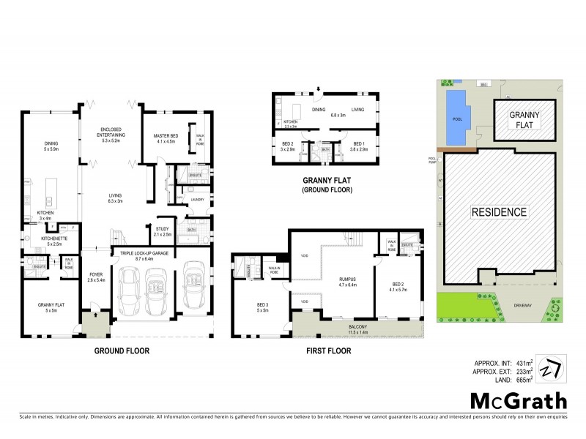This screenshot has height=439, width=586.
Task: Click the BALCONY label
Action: (x=337, y=309)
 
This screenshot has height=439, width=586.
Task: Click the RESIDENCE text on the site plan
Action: (x=498, y=212)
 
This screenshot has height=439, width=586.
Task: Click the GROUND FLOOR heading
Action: (x=122, y=351)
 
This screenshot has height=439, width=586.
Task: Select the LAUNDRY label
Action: (x=196, y=200)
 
